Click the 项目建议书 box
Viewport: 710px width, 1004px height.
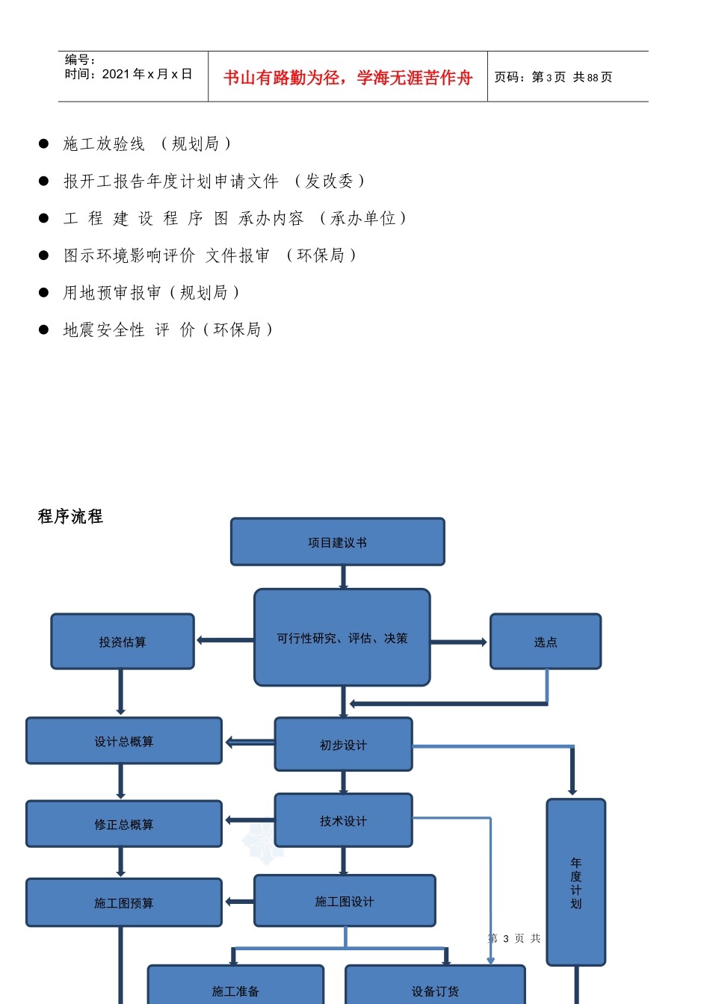pos(337,542)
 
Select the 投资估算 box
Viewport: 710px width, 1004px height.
pos(123,642)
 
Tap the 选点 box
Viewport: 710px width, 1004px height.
pos(545,642)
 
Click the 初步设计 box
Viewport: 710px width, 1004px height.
pos(343,744)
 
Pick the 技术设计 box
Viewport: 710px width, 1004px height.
pos(343,820)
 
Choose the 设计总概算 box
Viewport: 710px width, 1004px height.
pos(124,741)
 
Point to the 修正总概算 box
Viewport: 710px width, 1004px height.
pos(124,824)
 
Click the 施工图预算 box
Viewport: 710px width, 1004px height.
pos(124,902)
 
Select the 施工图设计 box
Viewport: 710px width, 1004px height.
pos(345,901)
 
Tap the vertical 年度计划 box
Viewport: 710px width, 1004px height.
pos(575,882)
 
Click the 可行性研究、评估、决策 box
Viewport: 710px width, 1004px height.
pos(342,637)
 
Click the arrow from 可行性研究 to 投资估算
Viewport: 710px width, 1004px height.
pos(224,640)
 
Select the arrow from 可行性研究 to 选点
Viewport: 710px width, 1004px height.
pos(459,642)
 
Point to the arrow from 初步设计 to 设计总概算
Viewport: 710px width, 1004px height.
pos(250,742)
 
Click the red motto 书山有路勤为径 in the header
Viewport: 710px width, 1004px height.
pos(348,78)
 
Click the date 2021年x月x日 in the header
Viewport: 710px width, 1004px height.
pos(147,74)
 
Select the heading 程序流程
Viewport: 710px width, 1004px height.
pos(70,516)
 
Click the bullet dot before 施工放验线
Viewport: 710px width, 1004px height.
pos(44,143)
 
